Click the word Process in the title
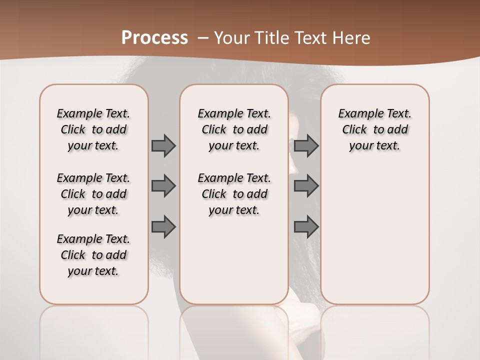coord(154,37)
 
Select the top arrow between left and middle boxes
coord(163,145)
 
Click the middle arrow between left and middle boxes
coord(163,186)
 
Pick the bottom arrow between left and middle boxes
coord(163,226)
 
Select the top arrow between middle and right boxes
coord(306,145)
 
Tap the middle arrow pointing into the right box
coord(306,186)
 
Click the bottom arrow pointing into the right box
coord(306,226)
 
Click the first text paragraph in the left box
coord(93,129)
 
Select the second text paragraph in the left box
coord(93,194)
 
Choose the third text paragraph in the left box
coord(93,255)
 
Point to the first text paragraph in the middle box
coord(234,129)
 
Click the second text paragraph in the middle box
coord(234,194)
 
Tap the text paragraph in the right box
coord(374,129)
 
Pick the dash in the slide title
coord(203,38)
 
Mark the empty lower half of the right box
coord(374,240)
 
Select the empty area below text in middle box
coord(234,260)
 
